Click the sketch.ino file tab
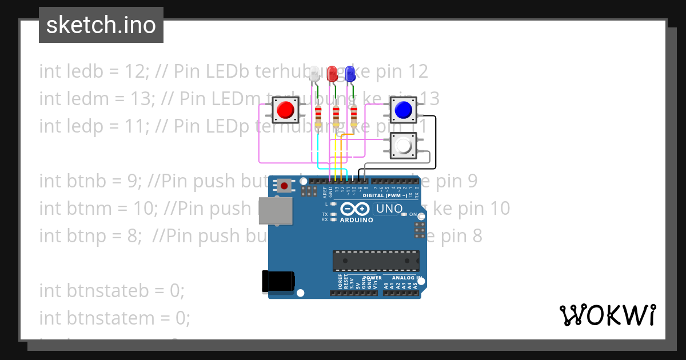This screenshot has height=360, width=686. pos(101,25)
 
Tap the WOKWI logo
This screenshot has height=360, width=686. pos(607,315)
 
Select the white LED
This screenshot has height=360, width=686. pos(314,74)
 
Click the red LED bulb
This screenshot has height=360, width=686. pos(332,73)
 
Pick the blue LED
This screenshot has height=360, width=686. pos(350,73)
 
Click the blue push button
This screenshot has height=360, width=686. pos(404,109)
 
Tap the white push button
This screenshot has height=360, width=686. pos(404,146)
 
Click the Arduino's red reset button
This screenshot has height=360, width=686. pos(284,185)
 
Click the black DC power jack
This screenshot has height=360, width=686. pos(278,281)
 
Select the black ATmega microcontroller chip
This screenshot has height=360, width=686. pos(376,261)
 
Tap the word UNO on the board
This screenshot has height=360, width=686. pos(389,209)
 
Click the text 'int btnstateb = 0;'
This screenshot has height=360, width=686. pos(112,290)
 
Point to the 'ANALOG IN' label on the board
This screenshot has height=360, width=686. pos(407,278)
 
